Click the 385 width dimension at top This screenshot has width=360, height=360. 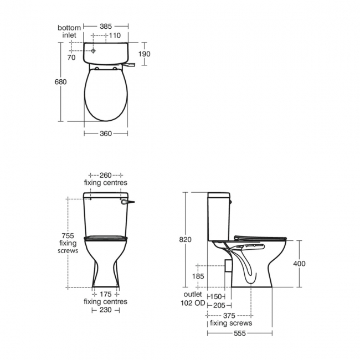106,25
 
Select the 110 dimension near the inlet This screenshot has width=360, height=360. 114,35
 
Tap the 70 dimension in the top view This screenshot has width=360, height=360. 71,57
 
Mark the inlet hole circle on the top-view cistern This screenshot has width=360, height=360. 94,50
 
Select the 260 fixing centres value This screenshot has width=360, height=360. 105,175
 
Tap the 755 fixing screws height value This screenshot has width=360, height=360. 69,235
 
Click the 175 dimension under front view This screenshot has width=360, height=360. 105,294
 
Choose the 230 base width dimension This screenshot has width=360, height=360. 105,310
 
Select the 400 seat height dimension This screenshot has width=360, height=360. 299,264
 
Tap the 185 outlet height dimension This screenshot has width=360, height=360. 198,275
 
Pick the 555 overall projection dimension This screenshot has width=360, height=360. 239,333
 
